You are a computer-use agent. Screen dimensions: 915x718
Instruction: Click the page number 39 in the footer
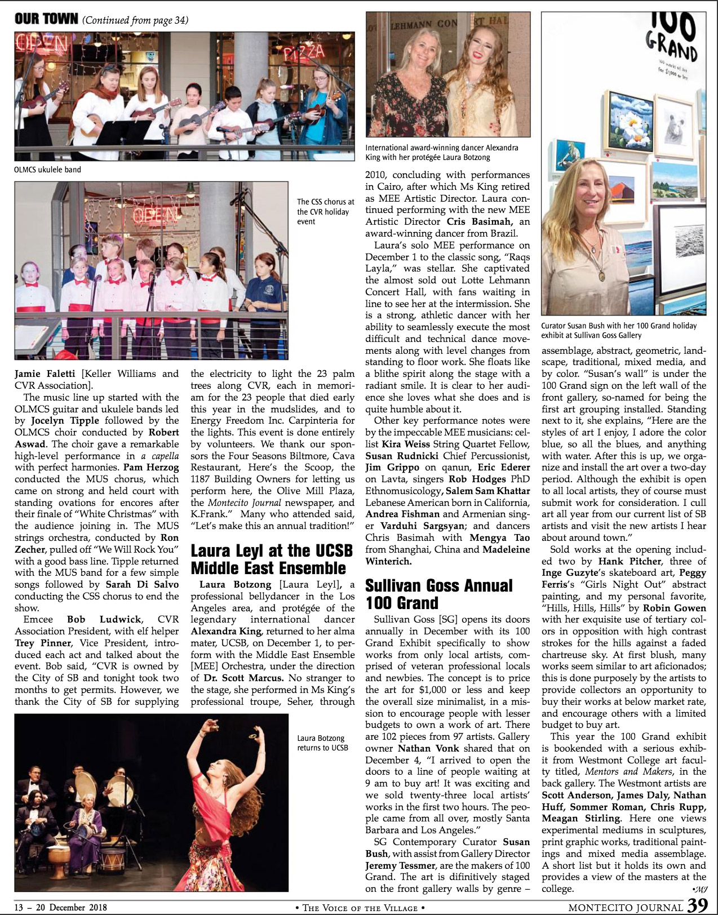697,905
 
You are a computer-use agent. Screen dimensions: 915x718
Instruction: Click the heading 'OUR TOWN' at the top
46,19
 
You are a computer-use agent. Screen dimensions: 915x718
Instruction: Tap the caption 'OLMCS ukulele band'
48,170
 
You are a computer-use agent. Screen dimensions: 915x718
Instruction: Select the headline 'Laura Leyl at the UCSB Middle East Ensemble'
272,559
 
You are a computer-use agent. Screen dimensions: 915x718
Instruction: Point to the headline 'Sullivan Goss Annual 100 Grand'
438,594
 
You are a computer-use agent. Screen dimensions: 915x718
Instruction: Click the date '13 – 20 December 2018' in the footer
61,907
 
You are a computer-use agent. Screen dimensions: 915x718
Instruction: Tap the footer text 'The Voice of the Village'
360,908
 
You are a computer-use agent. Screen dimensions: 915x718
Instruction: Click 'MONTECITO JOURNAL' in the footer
626,907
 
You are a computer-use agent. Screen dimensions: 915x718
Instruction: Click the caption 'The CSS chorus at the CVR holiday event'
325,211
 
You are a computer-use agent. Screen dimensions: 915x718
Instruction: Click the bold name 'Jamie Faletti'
45,374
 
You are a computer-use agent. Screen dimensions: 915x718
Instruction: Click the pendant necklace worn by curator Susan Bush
602,275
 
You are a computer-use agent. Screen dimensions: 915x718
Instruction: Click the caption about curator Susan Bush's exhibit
619,330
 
